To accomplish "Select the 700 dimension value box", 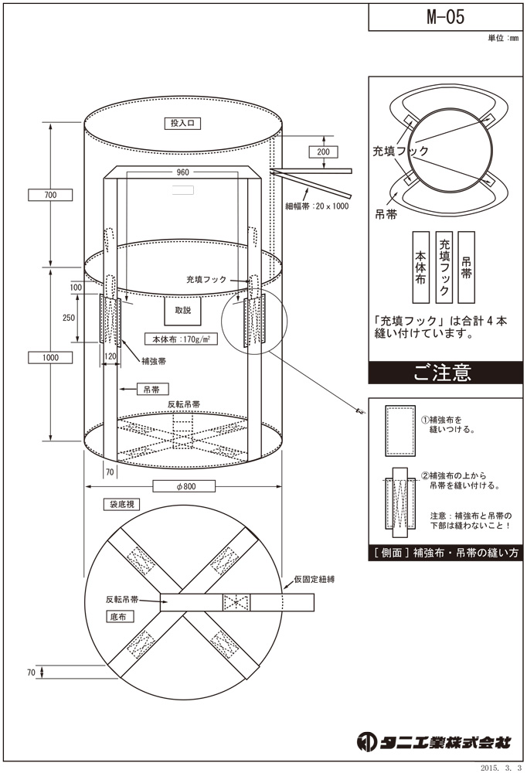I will click(x=51, y=195).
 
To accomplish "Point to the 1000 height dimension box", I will click(x=51, y=357).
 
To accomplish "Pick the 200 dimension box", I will click(x=323, y=152).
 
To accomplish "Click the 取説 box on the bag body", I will click(x=182, y=310).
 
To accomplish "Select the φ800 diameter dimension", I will click(x=183, y=486).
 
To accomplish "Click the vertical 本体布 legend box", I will click(x=420, y=267).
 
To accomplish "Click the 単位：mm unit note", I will click(x=503, y=38).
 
